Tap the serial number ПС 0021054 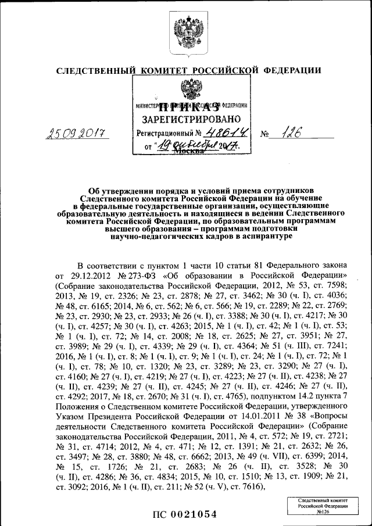(x=185, y=514)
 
